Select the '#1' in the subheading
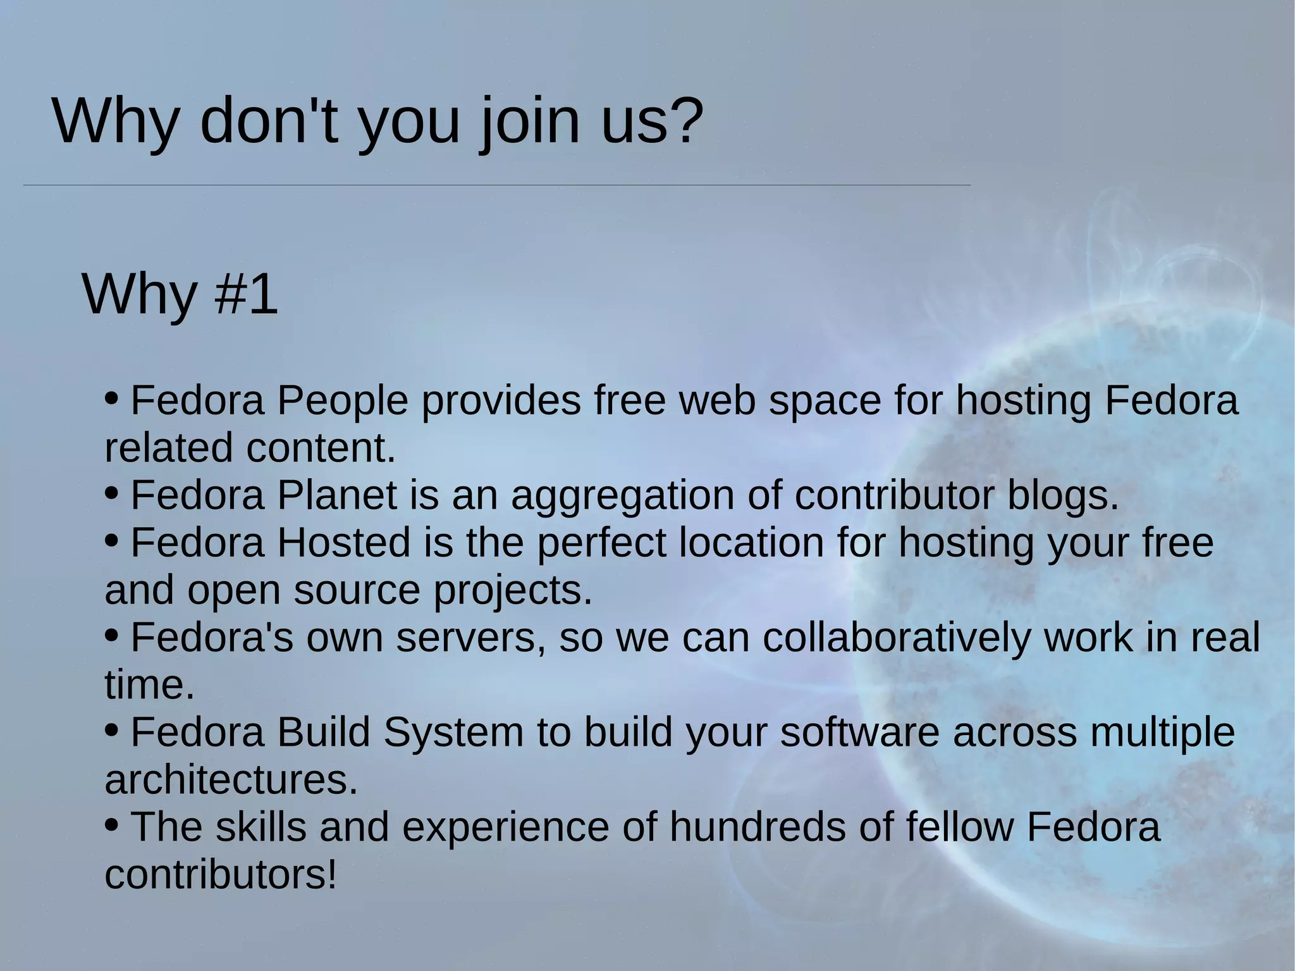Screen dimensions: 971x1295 tap(246, 294)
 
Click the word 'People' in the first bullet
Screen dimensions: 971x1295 tap(342, 401)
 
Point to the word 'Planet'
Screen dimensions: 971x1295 tap(336, 495)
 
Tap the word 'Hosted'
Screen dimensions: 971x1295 tap(343, 543)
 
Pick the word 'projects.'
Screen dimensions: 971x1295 tap(512, 591)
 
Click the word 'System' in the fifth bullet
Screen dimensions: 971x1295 tap(453, 733)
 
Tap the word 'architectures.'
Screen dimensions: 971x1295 tap(231, 780)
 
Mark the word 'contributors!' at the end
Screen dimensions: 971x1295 tap(221, 875)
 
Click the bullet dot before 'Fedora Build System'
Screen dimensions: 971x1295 tap(111, 730)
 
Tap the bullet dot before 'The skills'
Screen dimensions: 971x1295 tap(111, 824)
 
